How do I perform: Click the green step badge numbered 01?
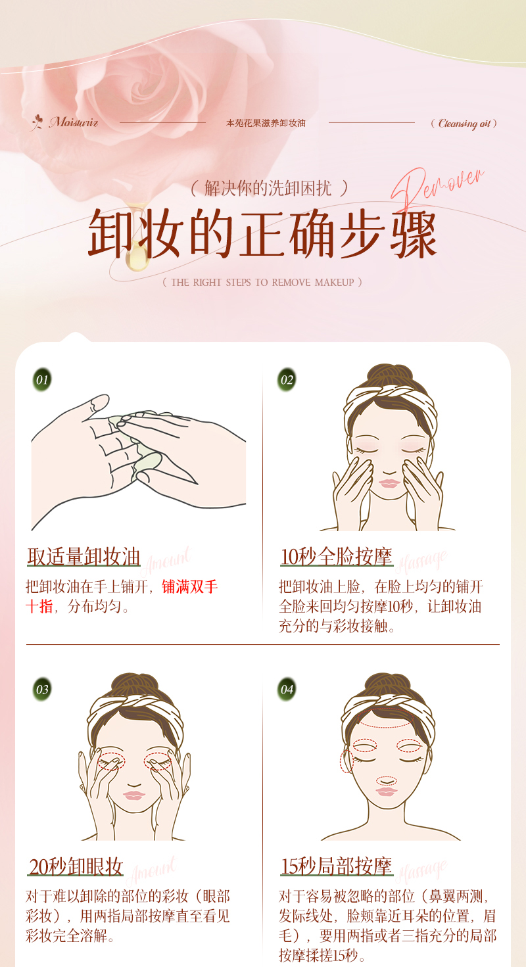[42, 379]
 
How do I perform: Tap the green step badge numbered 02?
[287, 379]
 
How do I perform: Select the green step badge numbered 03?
[42, 689]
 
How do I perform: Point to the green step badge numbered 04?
[287, 689]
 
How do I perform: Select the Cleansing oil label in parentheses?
[464, 123]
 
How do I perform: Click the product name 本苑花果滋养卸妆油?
[266, 123]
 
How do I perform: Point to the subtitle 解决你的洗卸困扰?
[269, 188]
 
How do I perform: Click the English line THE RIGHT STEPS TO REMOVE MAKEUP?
[262, 282]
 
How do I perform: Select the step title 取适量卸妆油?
[84, 557]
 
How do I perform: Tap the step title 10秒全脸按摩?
[336, 557]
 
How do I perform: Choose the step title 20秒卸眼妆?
[76, 866]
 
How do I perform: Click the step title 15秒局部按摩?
[336, 866]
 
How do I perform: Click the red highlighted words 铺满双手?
[190, 586]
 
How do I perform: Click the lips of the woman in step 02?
[389, 483]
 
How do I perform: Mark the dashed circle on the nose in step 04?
[387, 780]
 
